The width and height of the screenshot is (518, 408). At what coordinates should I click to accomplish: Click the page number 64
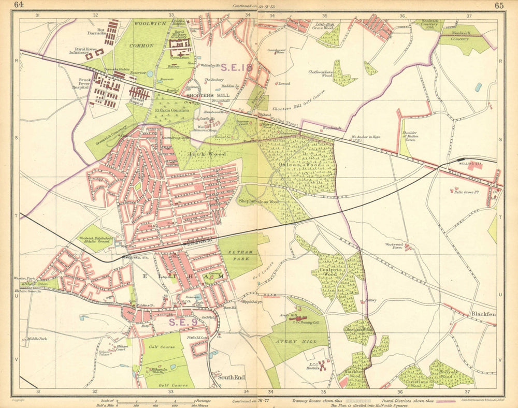click(19, 5)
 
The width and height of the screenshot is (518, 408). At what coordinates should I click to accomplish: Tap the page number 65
click(499, 6)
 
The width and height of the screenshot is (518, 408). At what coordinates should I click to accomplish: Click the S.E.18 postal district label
click(237, 67)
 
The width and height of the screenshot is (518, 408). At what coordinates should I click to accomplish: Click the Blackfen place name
click(483, 314)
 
